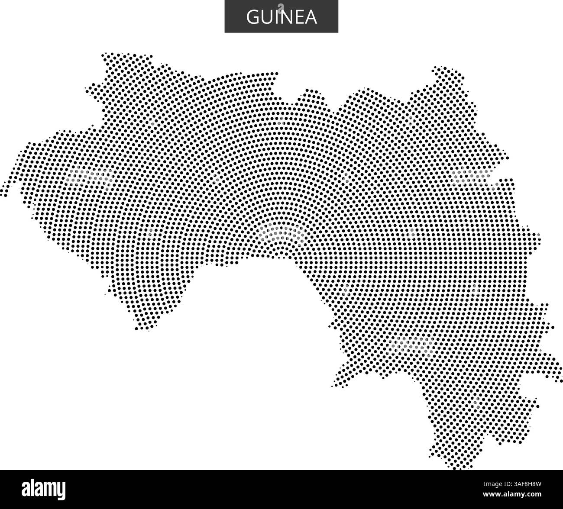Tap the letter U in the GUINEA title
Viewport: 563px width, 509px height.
pyautogui.click(x=267, y=17)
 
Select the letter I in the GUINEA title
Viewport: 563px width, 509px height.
pyautogui.click(x=277, y=17)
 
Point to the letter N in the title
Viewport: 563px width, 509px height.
pyautogui.click(x=287, y=17)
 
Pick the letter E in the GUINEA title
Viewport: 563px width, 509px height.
pyautogui.click(x=299, y=17)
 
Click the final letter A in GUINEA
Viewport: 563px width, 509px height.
pyautogui.click(x=311, y=17)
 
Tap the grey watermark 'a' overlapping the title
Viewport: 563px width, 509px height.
pyautogui.click(x=281, y=6)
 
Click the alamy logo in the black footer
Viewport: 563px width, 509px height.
pyautogui.click(x=44, y=489)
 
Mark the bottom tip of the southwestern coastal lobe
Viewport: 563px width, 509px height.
pyautogui.click(x=148, y=330)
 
